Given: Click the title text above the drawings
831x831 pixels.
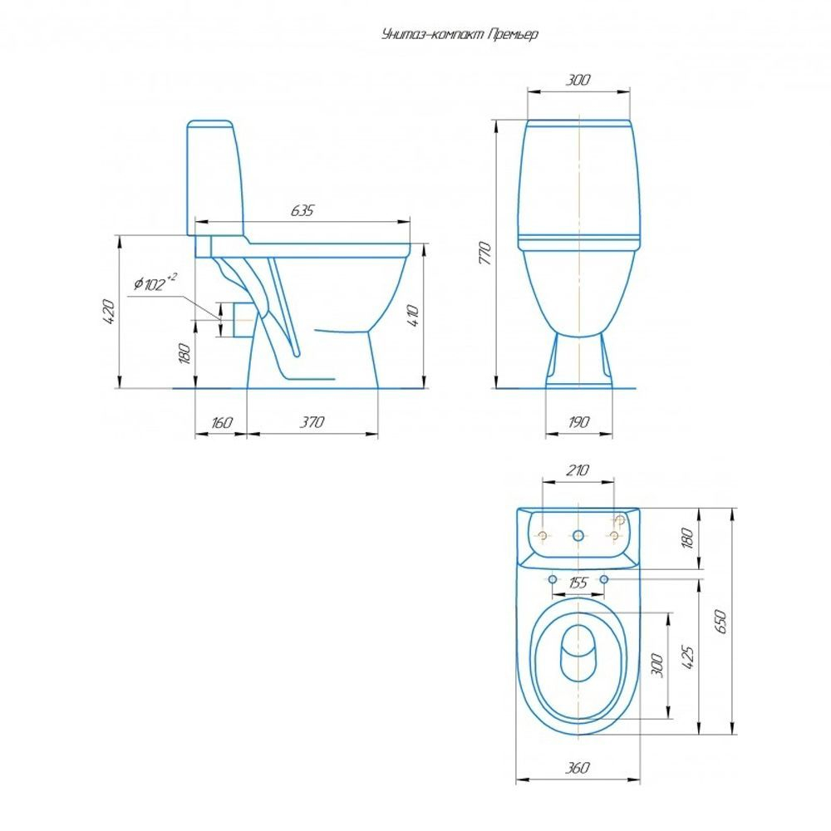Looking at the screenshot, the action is [x=460, y=34].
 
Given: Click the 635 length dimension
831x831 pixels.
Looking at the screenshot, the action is [x=302, y=210].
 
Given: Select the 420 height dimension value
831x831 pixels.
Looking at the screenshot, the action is [x=108, y=312].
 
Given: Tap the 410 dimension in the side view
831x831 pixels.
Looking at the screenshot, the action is [x=413, y=316].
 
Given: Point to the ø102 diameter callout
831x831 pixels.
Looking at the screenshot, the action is [x=155, y=283].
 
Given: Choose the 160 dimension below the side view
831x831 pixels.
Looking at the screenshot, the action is [x=222, y=422].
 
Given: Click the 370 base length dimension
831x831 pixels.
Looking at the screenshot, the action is [x=312, y=422].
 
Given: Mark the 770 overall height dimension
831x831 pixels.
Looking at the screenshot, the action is [x=484, y=253].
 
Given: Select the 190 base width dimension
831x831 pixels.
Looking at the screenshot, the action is [x=578, y=422].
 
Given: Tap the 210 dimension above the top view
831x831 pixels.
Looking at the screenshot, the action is [x=578, y=470].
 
